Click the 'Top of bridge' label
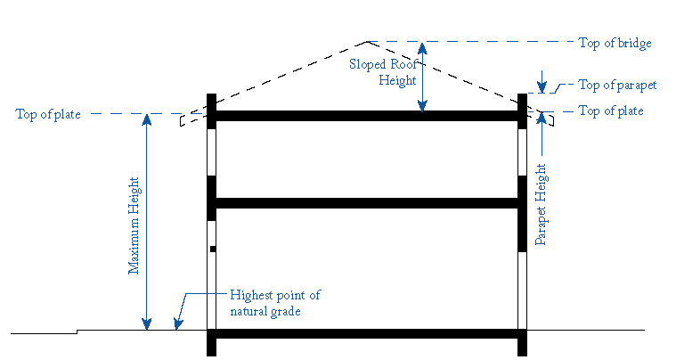[615, 43]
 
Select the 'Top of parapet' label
[617, 86]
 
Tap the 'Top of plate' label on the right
[611, 111]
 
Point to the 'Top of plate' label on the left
[48, 114]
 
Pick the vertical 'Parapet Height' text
[541, 204]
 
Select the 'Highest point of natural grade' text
[274, 303]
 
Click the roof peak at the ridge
[365, 42]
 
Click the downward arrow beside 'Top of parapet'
[541, 89]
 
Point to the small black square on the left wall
[212, 250]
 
